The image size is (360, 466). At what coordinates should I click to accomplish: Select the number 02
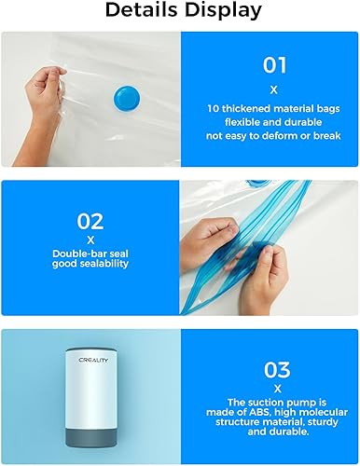click(90, 223)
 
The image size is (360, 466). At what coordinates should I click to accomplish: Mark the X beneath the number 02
click(90, 240)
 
